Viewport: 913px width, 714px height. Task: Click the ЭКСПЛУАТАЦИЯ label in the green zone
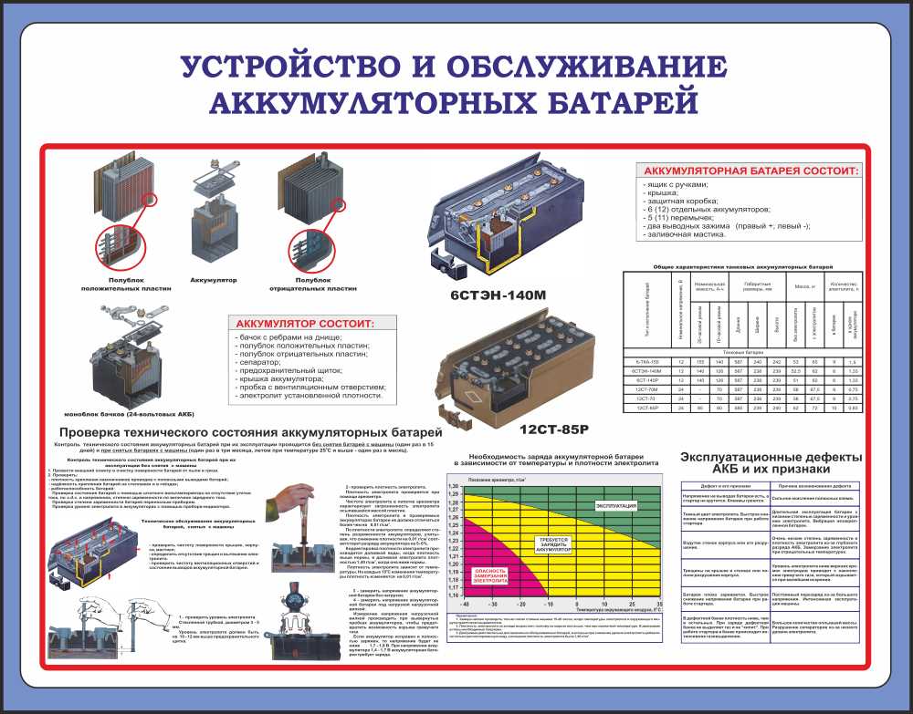617,504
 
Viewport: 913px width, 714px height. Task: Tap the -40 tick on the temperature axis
466,604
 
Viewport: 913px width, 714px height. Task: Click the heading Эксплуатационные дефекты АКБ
771,463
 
